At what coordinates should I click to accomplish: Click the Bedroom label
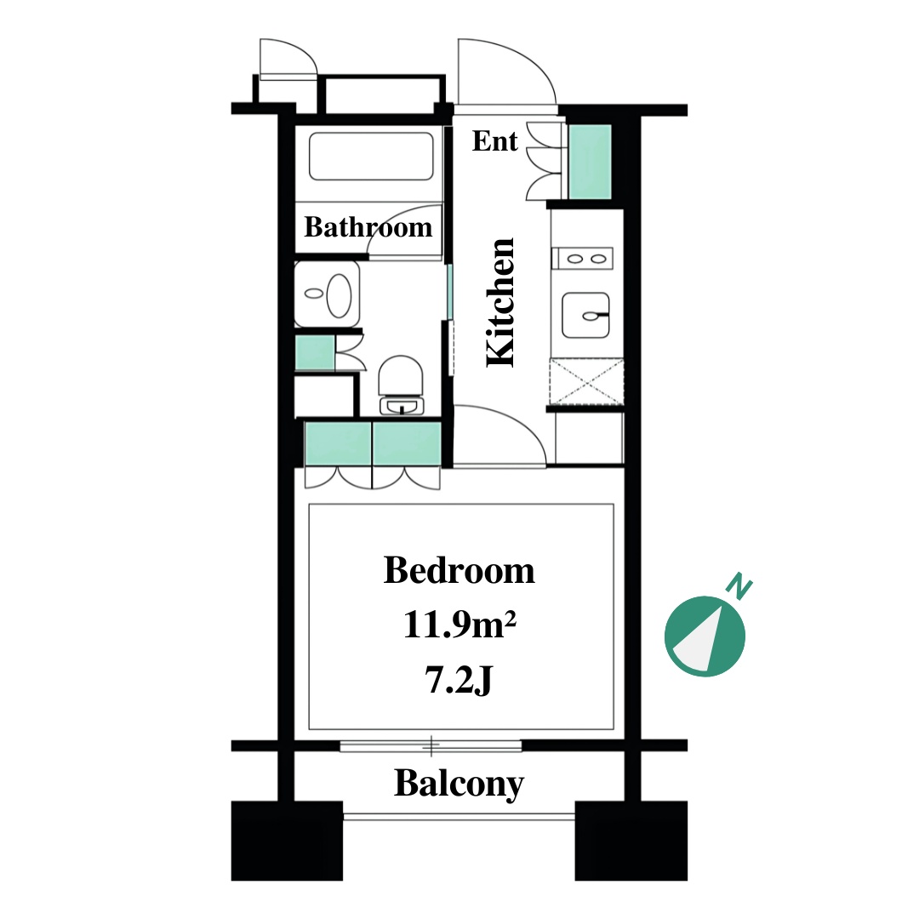pyautogui.click(x=459, y=570)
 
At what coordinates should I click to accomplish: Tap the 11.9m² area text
pyautogui.click(x=459, y=625)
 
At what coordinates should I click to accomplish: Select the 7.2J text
pyautogui.click(x=458, y=681)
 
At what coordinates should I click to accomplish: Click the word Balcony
pyautogui.click(x=459, y=784)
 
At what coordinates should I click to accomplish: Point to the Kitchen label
pyautogui.click(x=501, y=302)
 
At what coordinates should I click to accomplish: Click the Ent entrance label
pyautogui.click(x=494, y=141)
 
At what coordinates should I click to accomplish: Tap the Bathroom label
pyautogui.click(x=368, y=227)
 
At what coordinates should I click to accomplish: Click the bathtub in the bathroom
pyautogui.click(x=371, y=157)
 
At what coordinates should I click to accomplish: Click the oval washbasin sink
pyautogui.click(x=339, y=294)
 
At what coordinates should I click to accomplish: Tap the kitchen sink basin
pyautogui.click(x=585, y=316)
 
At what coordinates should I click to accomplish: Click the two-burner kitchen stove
pyautogui.click(x=582, y=259)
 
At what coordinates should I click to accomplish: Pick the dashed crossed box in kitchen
pyautogui.click(x=586, y=382)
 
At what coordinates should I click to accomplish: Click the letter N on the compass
pyautogui.click(x=739, y=586)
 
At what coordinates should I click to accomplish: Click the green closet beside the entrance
pyautogui.click(x=591, y=162)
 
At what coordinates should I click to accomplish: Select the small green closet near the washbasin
pyautogui.click(x=315, y=352)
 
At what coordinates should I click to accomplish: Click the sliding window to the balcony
pyautogui.click(x=431, y=746)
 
